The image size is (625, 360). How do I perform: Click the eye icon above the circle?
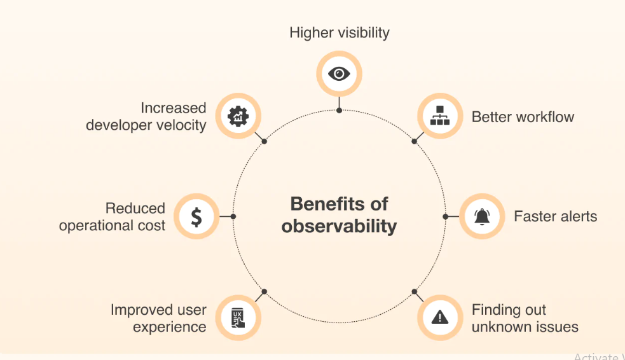[339, 74]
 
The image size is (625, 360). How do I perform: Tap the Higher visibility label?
[339, 32]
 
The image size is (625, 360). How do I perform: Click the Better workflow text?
[523, 117]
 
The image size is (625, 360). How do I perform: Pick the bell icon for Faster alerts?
[481, 216]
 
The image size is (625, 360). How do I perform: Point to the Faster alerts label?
[555, 216]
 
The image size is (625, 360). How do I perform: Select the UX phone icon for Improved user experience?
[238, 316]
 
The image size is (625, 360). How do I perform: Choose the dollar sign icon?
[196, 217]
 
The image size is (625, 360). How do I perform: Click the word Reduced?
[135, 208]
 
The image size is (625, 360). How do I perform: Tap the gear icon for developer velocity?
[238, 116]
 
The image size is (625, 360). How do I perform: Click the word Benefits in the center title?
[321, 204]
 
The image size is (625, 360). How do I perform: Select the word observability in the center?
[339, 226]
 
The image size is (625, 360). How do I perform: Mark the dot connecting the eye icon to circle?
[339, 110]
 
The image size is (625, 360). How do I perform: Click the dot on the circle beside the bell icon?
[445, 216]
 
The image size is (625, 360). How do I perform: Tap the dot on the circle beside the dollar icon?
[233, 216]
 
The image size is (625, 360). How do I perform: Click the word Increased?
[174, 108]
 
